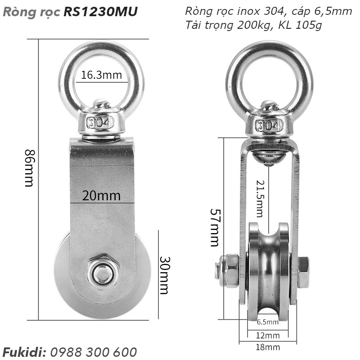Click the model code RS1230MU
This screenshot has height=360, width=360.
[101, 11]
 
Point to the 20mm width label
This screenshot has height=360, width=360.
[101, 196]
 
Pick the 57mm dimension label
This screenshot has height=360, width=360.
[215, 227]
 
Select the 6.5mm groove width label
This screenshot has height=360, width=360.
[268, 322]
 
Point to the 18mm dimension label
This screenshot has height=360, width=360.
[268, 347]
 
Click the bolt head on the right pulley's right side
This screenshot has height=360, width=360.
[303, 272]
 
